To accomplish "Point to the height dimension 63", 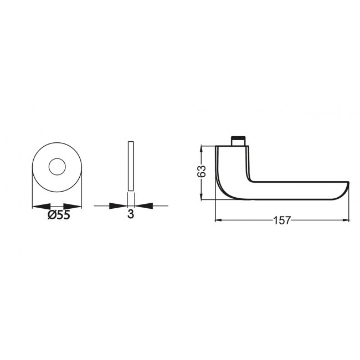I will click(203, 172).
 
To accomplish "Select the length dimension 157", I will click(281, 220).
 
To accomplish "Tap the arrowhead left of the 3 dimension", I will click(121, 206).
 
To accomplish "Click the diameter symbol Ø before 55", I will click(50, 215).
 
